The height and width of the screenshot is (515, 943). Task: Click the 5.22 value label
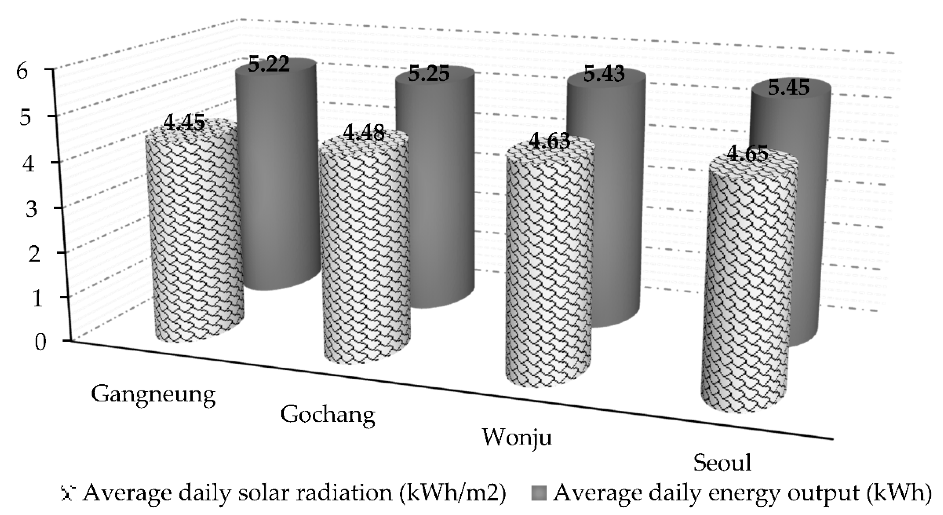click(x=269, y=66)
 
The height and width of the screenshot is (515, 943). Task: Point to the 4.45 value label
click(x=184, y=123)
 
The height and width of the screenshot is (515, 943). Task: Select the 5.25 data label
click(x=429, y=74)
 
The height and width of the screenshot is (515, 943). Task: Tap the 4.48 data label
click(x=364, y=133)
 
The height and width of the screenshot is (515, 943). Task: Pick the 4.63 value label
click(x=549, y=142)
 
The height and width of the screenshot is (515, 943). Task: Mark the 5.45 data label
click(x=788, y=89)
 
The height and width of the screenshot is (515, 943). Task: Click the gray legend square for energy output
click(x=538, y=493)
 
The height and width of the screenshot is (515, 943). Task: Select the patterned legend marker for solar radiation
click(x=68, y=493)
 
